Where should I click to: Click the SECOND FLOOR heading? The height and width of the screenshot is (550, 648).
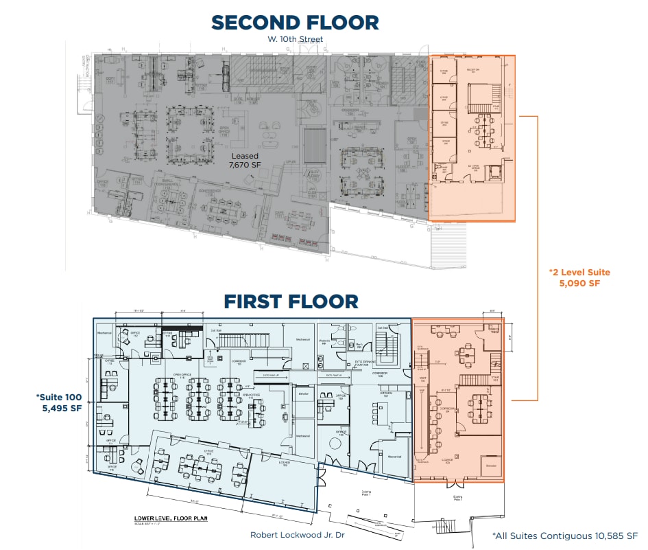tap(295, 22)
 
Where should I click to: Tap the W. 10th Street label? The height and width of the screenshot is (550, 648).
tap(296, 40)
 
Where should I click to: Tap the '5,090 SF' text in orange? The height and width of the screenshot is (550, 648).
tap(580, 283)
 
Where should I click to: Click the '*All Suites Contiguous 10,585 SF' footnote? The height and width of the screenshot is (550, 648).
tap(565, 536)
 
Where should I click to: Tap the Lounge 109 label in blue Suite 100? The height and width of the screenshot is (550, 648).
tap(284, 463)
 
